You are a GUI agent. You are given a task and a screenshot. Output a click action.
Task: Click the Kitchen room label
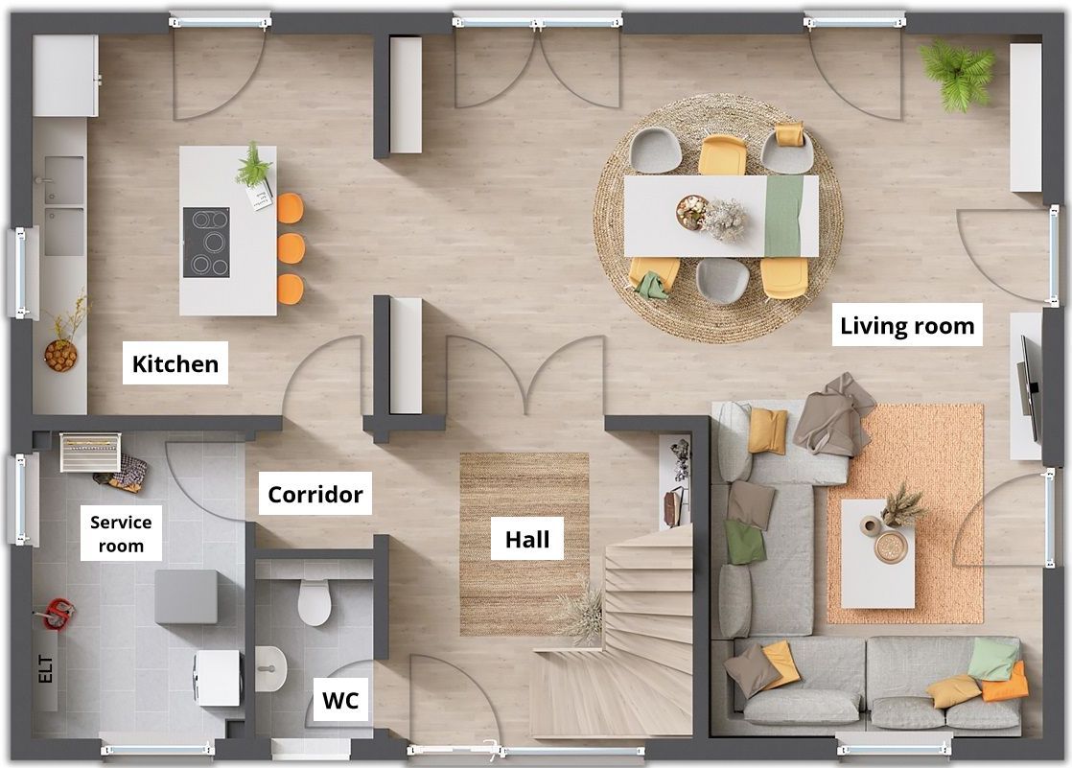click(x=175, y=363)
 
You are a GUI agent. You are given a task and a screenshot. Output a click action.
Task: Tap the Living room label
click(x=907, y=326)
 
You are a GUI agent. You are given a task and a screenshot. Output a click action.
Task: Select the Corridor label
click(x=315, y=494)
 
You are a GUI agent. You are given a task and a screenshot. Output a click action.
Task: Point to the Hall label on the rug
click(x=527, y=539)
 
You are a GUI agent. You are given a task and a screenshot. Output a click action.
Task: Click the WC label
click(x=340, y=700)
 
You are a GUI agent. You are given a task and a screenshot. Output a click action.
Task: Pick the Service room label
click(x=121, y=533)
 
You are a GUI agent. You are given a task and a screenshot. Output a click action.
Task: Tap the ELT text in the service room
click(x=45, y=669)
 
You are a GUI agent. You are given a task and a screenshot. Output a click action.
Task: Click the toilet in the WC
click(x=315, y=601)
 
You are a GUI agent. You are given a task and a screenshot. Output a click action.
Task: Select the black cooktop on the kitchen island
click(x=206, y=243)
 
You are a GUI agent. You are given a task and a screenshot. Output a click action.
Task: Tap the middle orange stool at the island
click(x=291, y=248)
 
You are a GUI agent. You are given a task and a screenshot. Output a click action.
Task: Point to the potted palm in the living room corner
click(x=957, y=74)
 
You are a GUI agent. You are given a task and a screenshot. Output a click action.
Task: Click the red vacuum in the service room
click(x=57, y=613)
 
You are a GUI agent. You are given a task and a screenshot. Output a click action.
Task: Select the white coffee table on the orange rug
click(x=878, y=553)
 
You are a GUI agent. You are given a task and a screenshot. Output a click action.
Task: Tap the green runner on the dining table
click(x=782, y=216)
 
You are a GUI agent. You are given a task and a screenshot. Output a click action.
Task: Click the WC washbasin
click(x=270, y=668)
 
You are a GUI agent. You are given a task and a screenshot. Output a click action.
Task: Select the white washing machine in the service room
click(x=218, y=678)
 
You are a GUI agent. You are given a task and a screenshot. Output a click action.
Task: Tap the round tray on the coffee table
click(x=891, y=547)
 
